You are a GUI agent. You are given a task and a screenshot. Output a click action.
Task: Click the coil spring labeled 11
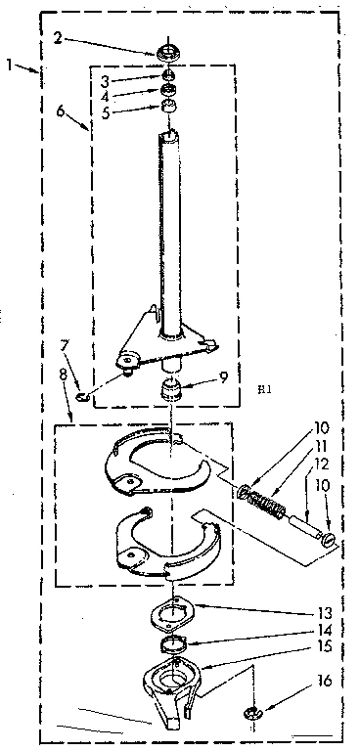click(263, 505)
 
